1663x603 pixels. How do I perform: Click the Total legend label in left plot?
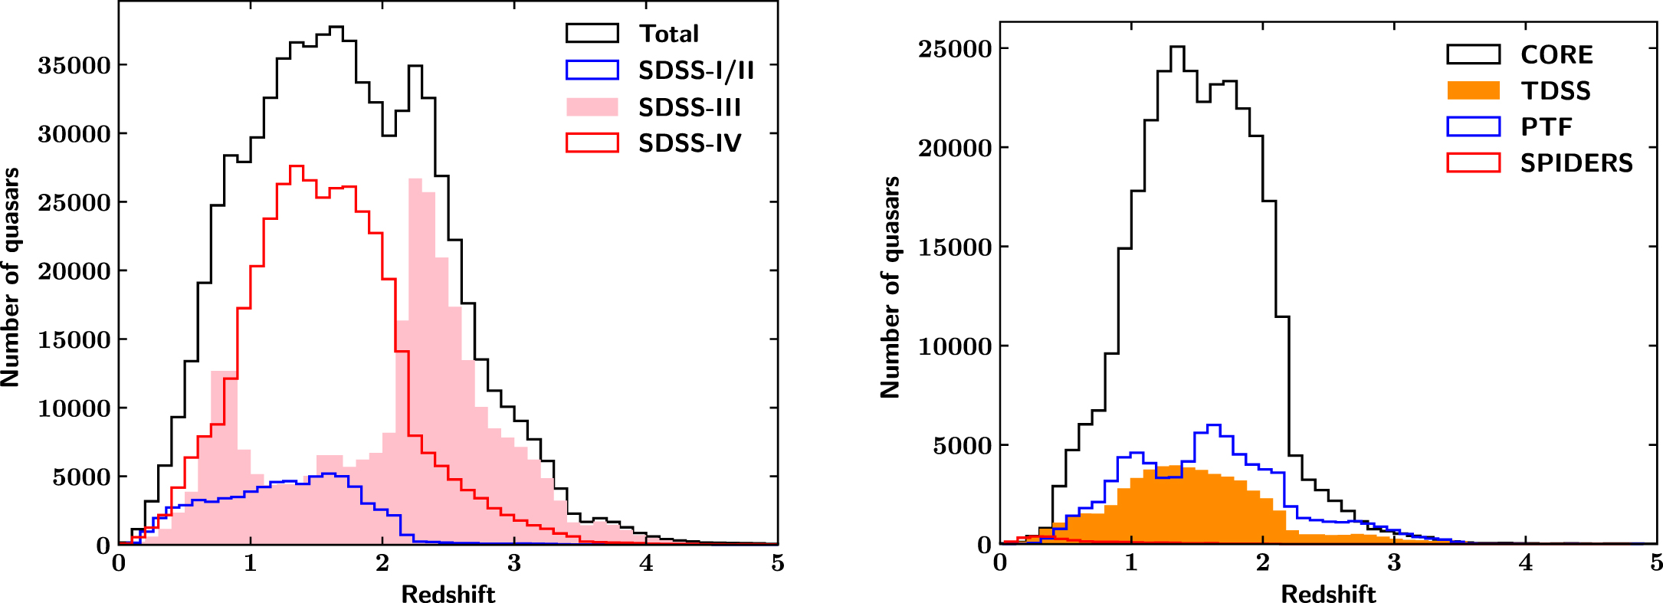[669, 34]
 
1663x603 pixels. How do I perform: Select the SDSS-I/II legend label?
[696, 70]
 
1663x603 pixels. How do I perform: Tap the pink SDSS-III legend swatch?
[592, 107]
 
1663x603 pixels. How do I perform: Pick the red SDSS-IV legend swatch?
[592, 143]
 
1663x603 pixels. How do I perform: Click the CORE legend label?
[1556, 54]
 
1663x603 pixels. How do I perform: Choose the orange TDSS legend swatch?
[1473, 90]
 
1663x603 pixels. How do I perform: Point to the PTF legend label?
[1547, 126]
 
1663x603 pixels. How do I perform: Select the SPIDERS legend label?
[1576, 163]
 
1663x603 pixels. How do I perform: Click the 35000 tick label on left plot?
[74, 66]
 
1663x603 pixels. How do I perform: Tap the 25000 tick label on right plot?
[955, 49]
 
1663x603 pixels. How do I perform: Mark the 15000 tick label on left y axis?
[74, 340]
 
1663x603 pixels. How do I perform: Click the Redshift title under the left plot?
[448, 594]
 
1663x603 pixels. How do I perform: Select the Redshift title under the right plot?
[1328, 594]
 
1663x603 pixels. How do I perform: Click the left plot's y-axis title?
[11, 277]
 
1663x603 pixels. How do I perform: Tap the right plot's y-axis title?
[891, 287]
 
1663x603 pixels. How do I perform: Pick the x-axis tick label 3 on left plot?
[513, 564]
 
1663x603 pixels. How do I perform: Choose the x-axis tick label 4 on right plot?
[1526, 564]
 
